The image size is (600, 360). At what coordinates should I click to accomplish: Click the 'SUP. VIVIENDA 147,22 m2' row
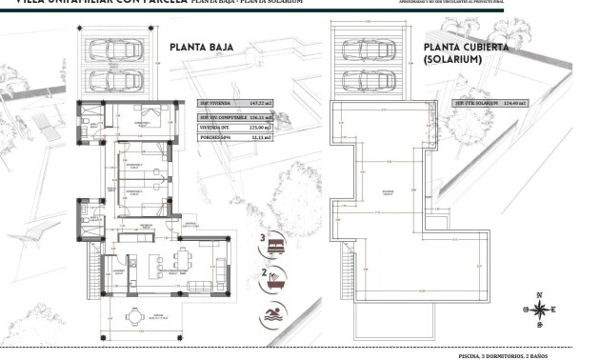tap(234, 104)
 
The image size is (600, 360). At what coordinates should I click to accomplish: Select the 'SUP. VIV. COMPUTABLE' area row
tap(234, 116)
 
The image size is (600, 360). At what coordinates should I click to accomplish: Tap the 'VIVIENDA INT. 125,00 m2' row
tap(234, 127)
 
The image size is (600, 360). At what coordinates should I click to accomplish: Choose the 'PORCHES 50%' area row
tap(234, 137)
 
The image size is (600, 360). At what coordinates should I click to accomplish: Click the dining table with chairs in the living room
tap(183, 257)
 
